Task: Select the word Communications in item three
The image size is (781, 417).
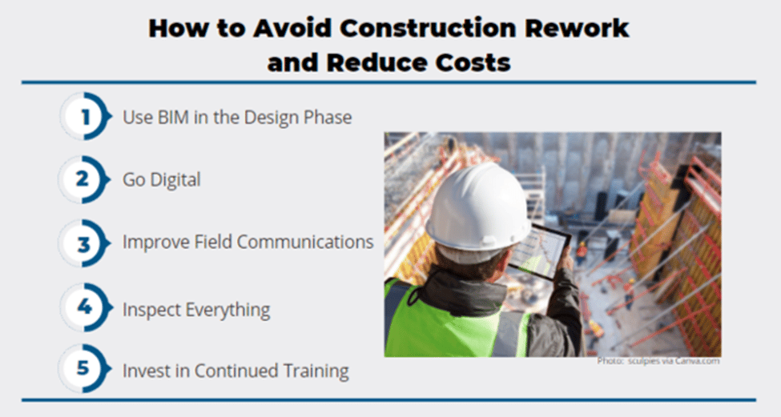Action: pos(305,242)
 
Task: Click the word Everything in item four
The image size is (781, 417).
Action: pos(227,310)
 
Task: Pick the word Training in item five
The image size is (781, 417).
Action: pos(316,371)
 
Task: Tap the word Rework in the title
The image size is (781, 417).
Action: pos(577,28)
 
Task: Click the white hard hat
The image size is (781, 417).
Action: pos(477,206)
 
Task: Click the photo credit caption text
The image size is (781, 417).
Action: pos(658,361)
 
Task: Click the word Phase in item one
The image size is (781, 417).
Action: pos(328,118)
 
